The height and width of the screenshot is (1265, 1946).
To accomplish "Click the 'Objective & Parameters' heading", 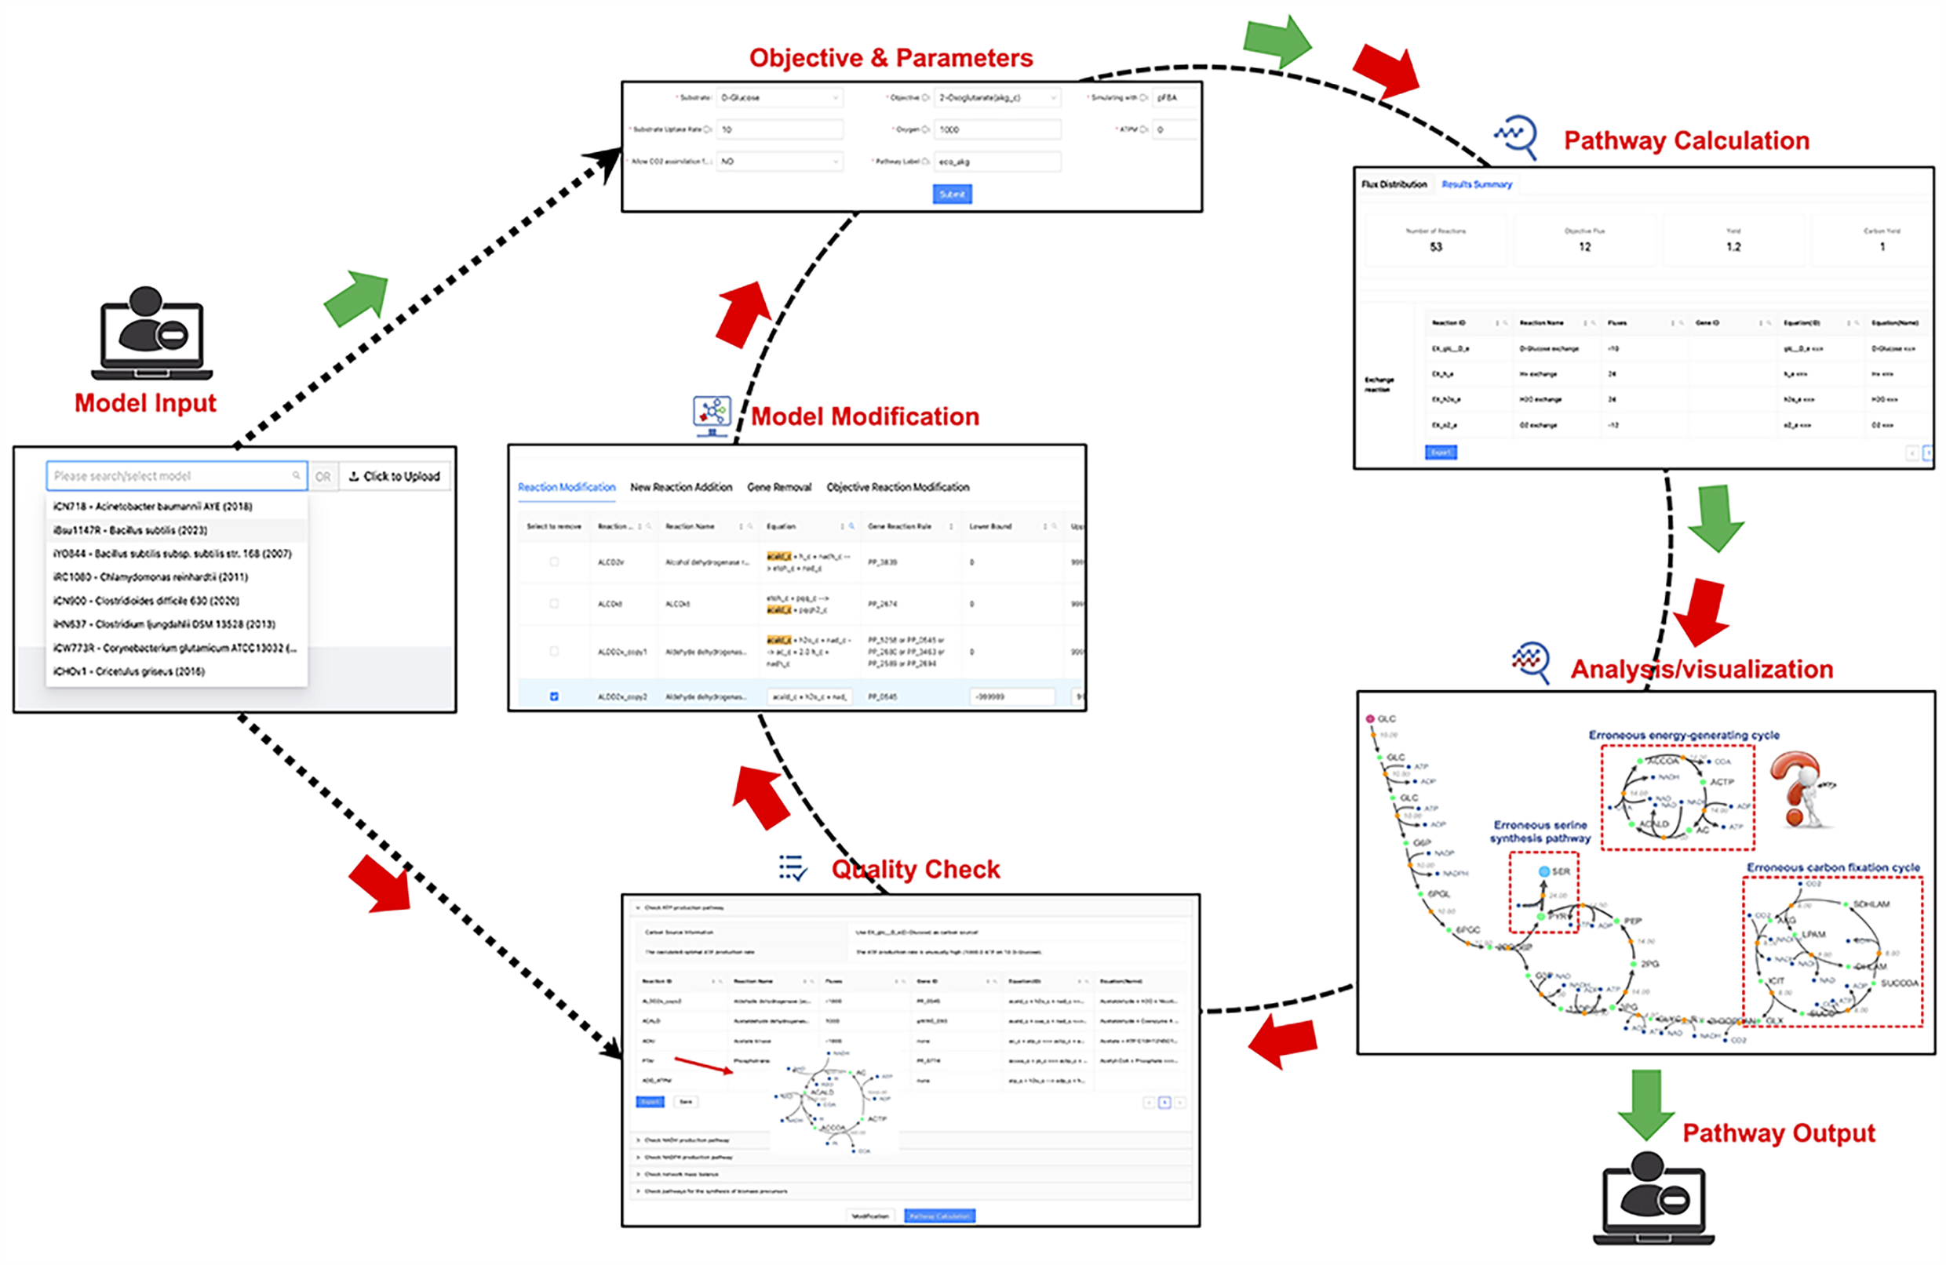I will (x=891, y=58).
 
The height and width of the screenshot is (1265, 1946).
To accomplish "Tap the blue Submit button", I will (x=952, y=194).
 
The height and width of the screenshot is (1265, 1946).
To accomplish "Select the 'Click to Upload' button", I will (x=394, y=476).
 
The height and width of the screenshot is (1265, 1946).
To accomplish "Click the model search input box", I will (x=176, y=476).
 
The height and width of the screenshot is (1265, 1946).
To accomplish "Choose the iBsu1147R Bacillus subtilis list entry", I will (x=131, y=530).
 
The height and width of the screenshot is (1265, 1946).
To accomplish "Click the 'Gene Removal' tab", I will (x=778, y=488).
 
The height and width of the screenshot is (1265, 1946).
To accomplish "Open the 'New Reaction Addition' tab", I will (x=680, y=488).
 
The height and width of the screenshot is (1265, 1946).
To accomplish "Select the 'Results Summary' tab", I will (x=1476, y=184).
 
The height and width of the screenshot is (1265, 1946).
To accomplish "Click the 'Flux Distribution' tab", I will (x=1394, y=184).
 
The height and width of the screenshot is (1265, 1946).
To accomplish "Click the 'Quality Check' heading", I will (x=915, y=870).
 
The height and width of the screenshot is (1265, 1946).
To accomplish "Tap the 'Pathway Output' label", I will (x=1778, y=1133).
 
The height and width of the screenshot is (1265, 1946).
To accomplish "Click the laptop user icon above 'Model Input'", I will (x=152, y=333).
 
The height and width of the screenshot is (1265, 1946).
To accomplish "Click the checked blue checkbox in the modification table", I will (x=554, y=697).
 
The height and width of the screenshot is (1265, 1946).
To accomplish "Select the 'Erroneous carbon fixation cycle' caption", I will (x=1832, y=868).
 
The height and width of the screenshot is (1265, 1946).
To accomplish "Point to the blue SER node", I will (x=1543, y=872).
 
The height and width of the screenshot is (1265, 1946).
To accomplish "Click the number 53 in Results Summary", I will (x=1436, y=248).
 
